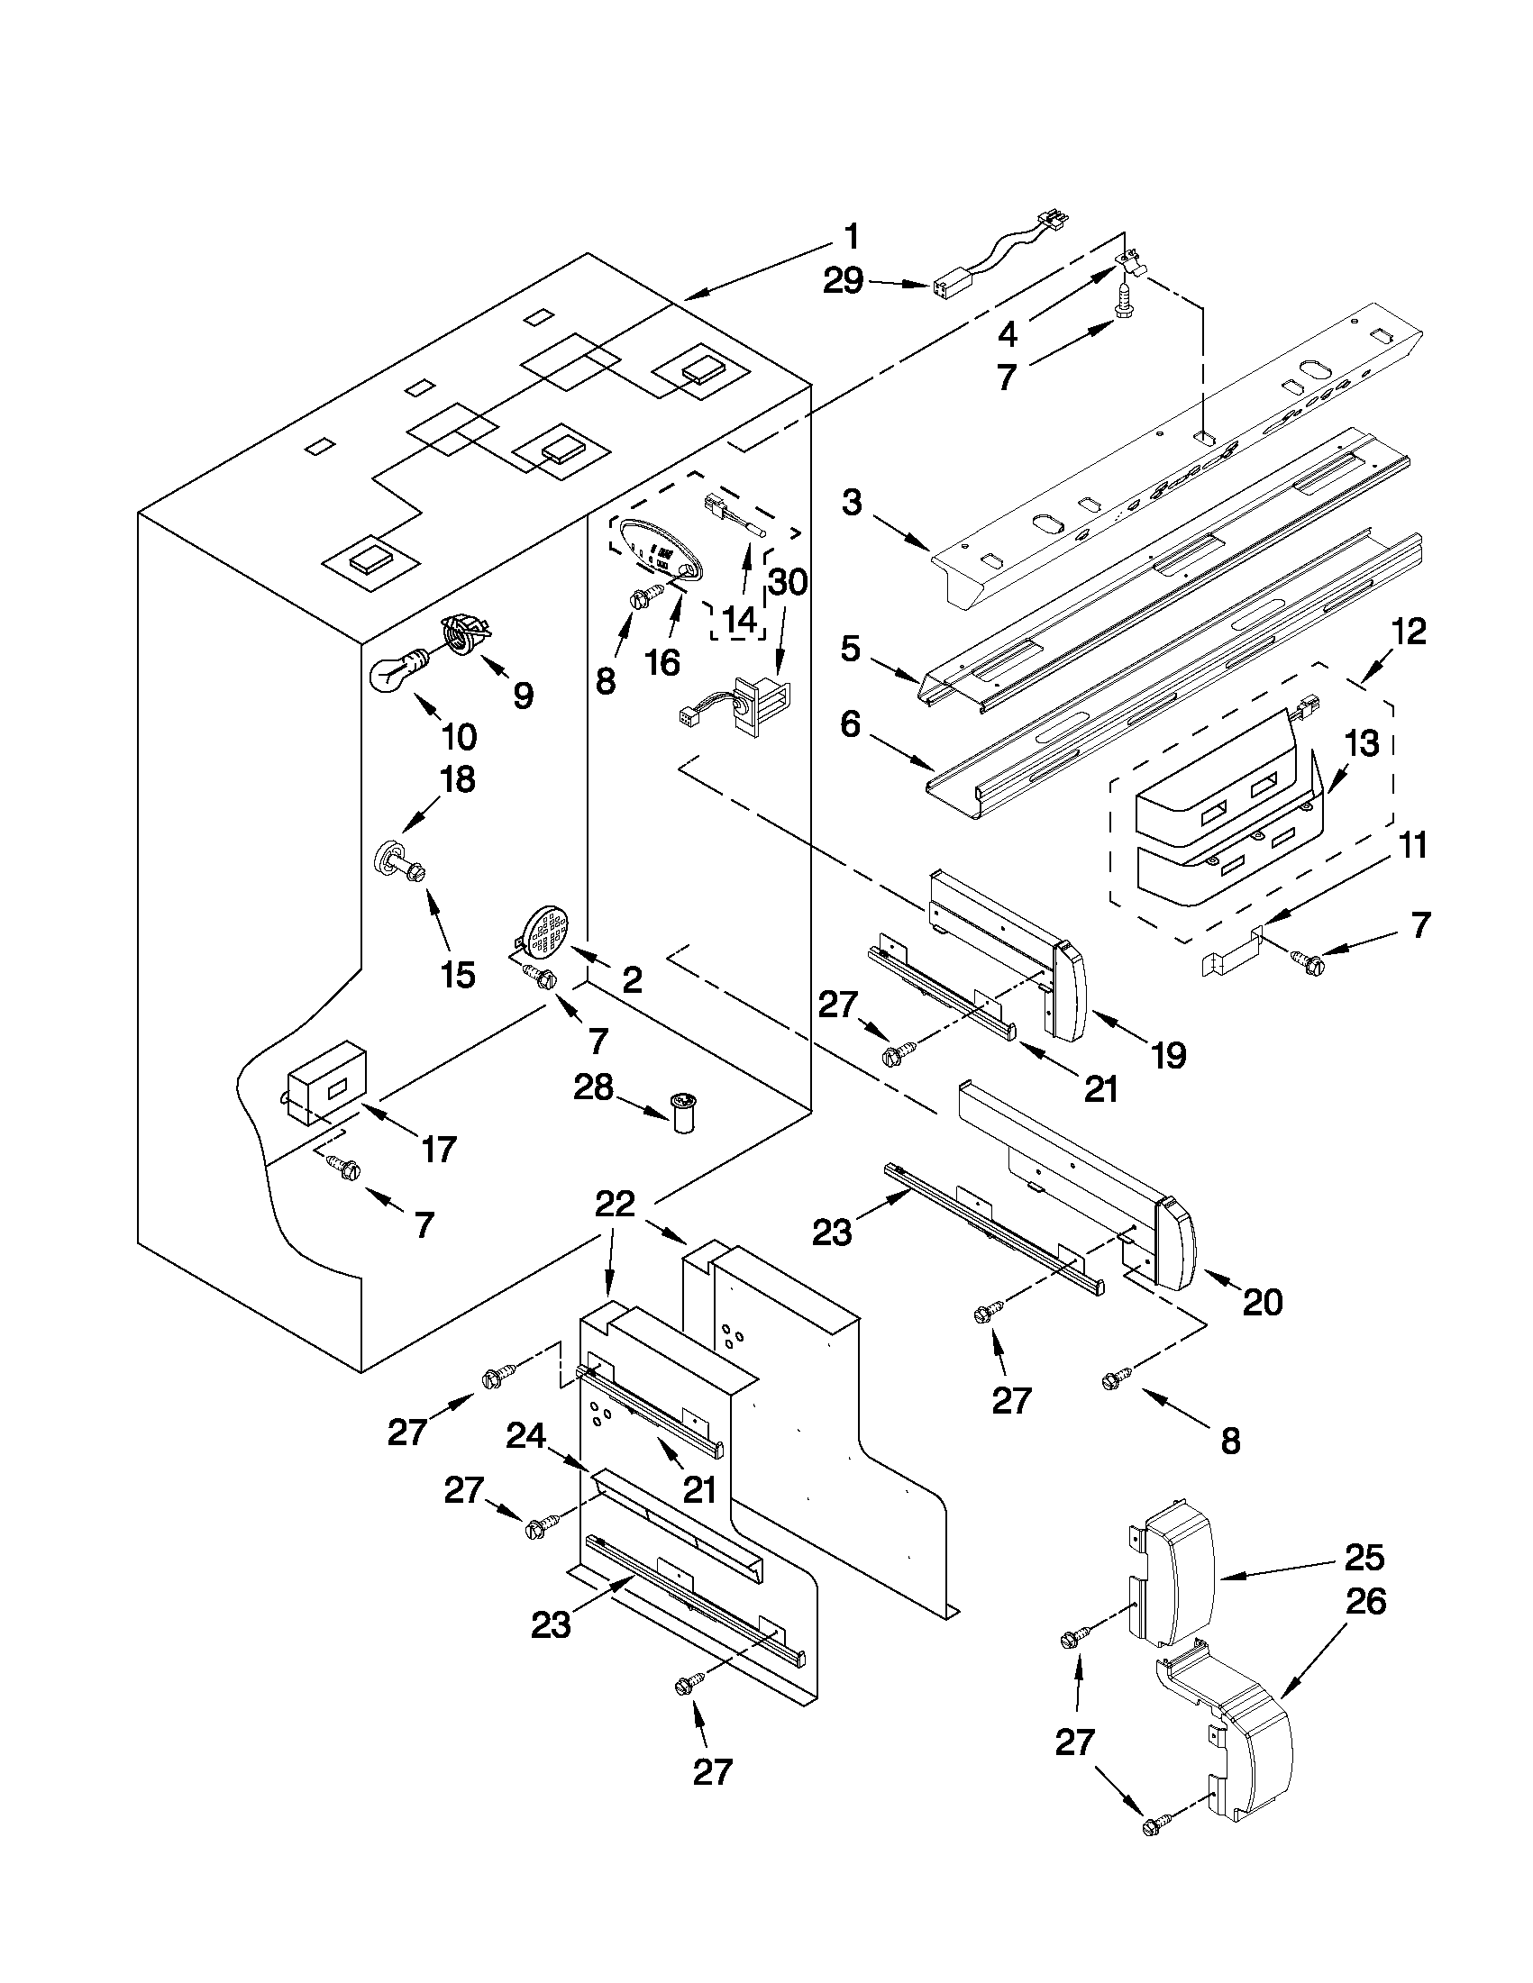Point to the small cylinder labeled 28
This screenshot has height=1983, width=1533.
coord(684,1113)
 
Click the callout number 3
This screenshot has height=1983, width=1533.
coord(851,501)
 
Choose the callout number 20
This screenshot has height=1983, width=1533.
coord(1262,1302)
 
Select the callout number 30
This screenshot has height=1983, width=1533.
coord(788,581)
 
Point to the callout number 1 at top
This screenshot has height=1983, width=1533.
coord(850,238)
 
